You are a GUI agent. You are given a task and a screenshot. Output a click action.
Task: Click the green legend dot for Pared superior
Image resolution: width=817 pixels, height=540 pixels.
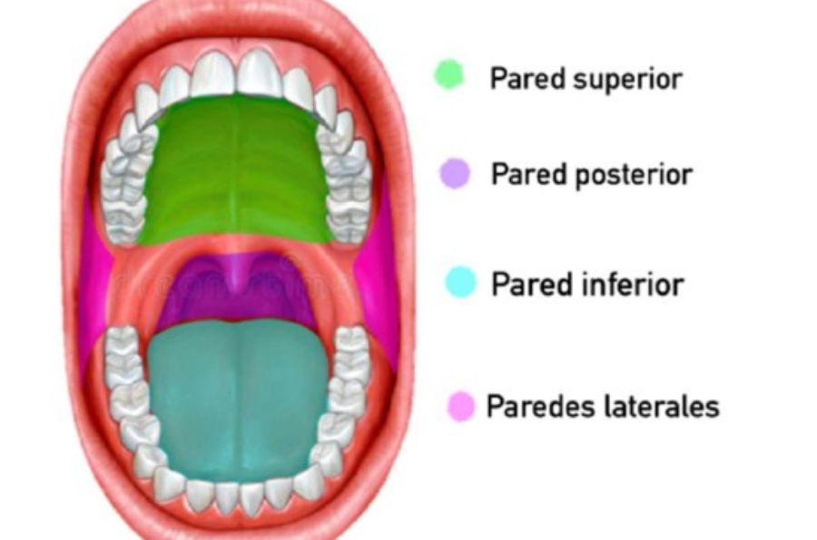coord(449,75)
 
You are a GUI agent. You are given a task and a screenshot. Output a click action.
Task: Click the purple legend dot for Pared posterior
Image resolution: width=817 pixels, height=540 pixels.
coord(455,173)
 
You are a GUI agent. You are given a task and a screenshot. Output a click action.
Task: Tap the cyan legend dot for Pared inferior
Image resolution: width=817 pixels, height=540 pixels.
coord(460,281)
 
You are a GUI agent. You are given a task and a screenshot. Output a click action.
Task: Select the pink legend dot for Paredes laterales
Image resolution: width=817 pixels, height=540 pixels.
coord(461,407)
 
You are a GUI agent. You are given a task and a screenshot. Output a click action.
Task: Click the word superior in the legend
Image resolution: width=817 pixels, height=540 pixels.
coord(627,80)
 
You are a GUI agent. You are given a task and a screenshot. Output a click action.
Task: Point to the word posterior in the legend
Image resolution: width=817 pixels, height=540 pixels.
coord(634,175)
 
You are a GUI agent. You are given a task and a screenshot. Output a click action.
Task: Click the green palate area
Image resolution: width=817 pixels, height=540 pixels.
coord(237,172)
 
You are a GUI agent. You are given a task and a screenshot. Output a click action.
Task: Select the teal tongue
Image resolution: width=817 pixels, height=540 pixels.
coord(238,398)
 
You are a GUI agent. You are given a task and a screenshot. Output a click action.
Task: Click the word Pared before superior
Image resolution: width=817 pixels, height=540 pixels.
coord(527,78)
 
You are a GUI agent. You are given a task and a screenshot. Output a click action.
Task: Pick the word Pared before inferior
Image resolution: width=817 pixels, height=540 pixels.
coord(529,284)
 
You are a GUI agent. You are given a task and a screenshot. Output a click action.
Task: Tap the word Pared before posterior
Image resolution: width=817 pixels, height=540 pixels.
coord(529,173)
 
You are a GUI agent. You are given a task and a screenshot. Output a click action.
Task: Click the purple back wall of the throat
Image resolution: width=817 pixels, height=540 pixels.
coord(237,291)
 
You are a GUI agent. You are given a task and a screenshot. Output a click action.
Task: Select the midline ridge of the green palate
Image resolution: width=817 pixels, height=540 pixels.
coord(236,167)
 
